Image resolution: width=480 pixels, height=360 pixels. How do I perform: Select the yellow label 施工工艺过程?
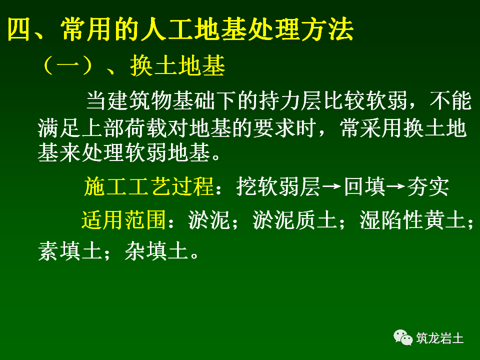point(148,186)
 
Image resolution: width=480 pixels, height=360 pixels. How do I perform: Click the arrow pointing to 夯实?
point(396,186)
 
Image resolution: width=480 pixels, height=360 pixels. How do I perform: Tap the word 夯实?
point(428,186)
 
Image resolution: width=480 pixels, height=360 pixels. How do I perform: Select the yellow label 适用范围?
point(123,219)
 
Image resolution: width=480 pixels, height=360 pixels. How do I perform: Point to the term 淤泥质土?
point(294,219)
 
